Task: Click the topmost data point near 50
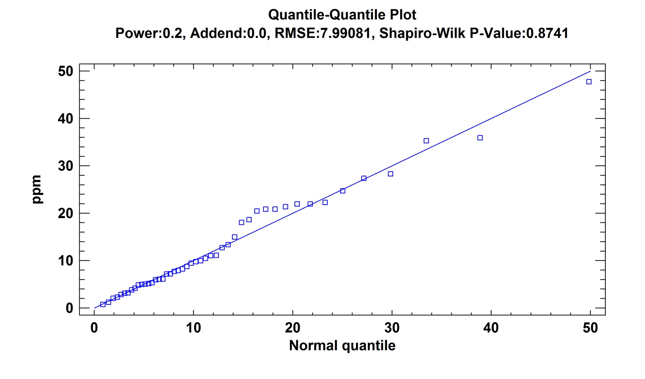[589, 82]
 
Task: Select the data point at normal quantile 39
[480, 138]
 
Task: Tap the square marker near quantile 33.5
[426, 141]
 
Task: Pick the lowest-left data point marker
[103, 304]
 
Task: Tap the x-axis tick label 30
[392, 328]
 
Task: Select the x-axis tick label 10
[193, 328]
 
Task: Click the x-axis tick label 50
[590, 328]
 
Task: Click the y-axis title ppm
[36, 189]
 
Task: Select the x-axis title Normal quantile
[342, 345]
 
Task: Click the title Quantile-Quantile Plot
[342, 15]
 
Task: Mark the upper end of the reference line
[590, 71]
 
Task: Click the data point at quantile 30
[390, 174]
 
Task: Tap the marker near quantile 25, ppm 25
[343, 191]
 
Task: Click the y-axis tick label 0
[69, 308]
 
